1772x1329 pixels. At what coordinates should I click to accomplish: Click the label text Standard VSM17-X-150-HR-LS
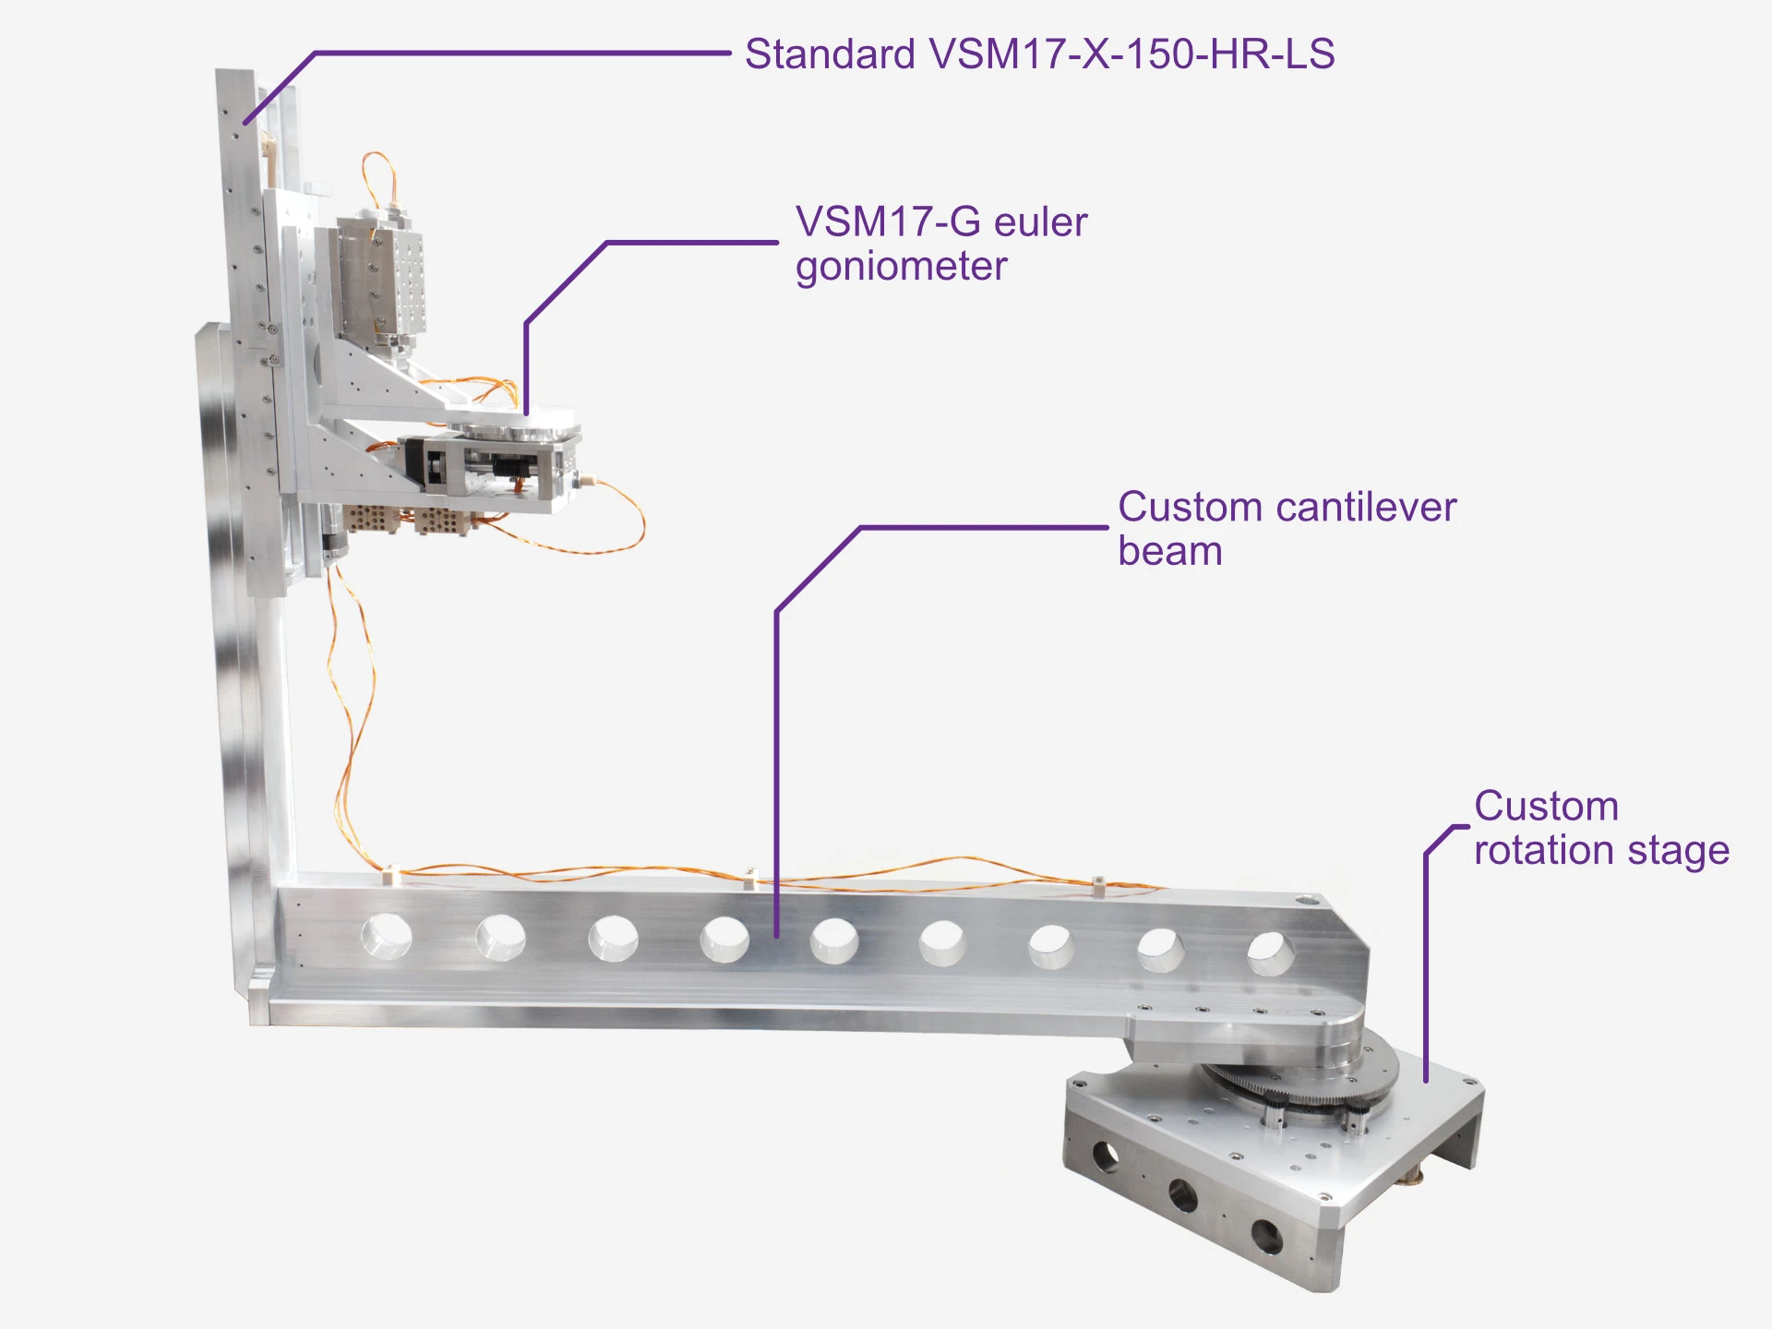click(x=1039, y=54)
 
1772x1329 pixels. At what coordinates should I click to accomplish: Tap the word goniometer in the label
click(x=901, y=268)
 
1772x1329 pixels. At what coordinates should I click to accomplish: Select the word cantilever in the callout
click(x=1366, y=508)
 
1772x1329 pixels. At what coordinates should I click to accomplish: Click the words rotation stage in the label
click(x=1601, y=851)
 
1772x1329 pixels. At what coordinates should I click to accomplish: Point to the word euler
click(x=1040, y=222)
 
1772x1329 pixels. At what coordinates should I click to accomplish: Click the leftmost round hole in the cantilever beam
click(x=386, y=936)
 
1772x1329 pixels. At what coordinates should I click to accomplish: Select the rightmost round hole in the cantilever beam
click(x=1270, y=954)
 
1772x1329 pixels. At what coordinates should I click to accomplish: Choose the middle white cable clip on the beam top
click(x=751, y=877)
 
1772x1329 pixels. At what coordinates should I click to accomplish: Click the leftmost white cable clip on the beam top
click(x=390, y=873)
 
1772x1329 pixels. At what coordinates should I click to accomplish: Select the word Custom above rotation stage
click(x=1546, y=807)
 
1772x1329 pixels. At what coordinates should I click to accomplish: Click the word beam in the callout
click(x=1169, y=552)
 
